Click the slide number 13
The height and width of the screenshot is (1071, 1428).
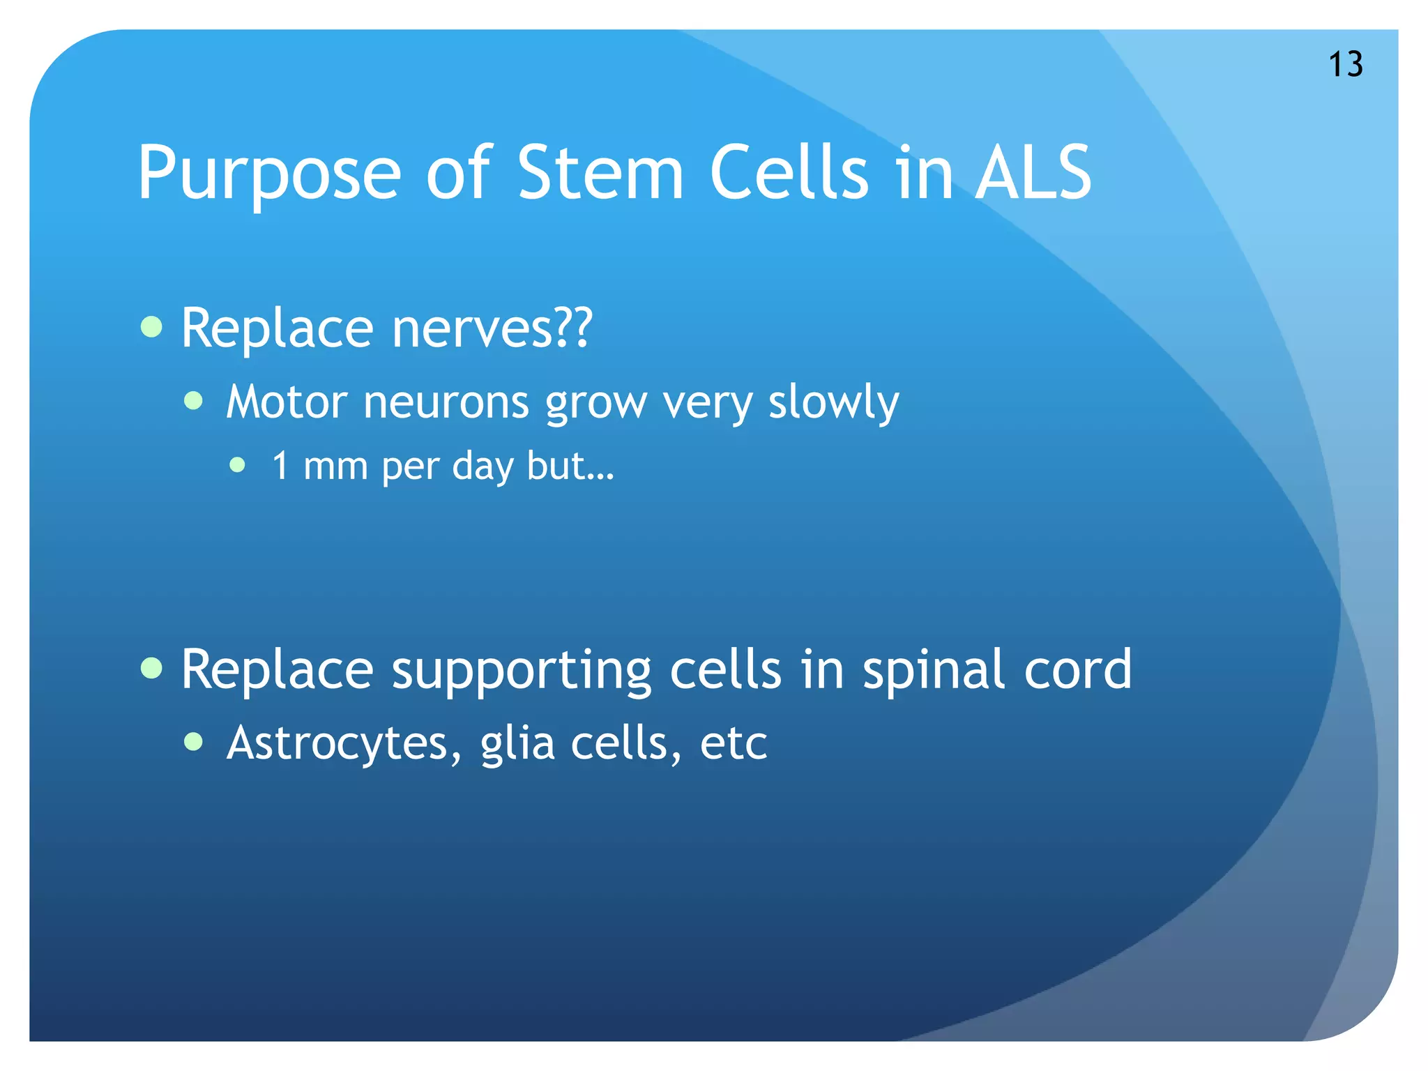(1345, 65)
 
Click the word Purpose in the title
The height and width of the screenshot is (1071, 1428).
(269, 174)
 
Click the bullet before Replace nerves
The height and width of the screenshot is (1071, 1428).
(151, 326)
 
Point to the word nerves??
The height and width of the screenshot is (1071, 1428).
(492, 328)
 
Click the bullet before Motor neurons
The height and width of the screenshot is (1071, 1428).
(194, 401)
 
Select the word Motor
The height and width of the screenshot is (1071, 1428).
(287, 402)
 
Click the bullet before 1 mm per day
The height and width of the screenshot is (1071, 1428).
(238, 464)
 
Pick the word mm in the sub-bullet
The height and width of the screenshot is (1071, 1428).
(335, 466)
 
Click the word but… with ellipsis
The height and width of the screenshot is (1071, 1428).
(570, 466)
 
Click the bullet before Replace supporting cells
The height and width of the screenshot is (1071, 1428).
(151, 667)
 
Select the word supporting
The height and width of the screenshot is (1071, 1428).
(522, 671)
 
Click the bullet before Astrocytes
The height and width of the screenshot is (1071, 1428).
(194, 742)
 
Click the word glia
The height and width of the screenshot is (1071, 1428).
(517, 744)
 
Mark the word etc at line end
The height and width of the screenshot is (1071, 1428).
(733, 744)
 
